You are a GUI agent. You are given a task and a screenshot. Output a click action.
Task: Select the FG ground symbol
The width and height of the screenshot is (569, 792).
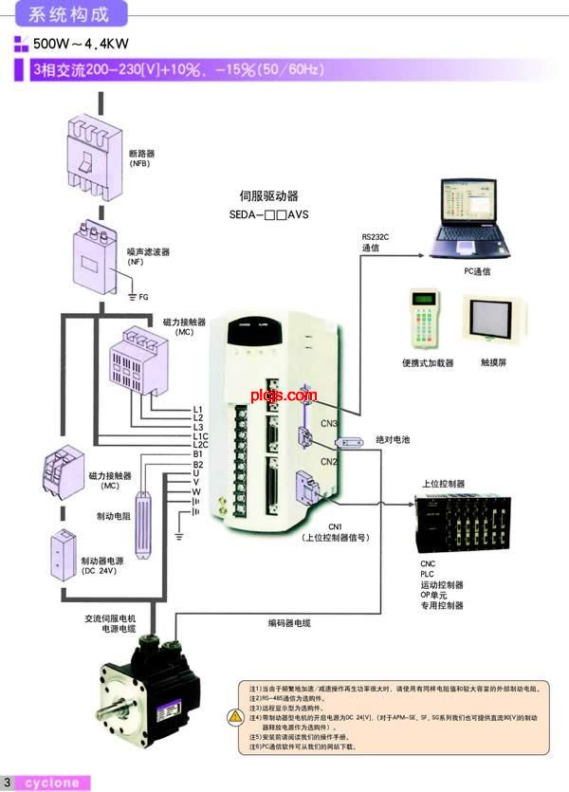134,297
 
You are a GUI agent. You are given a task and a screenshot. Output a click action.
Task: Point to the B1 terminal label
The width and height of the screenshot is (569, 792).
197,454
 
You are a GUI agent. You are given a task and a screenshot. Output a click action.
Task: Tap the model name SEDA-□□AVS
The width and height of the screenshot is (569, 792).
269,214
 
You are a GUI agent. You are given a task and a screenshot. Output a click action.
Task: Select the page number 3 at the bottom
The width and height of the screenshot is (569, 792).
8,783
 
